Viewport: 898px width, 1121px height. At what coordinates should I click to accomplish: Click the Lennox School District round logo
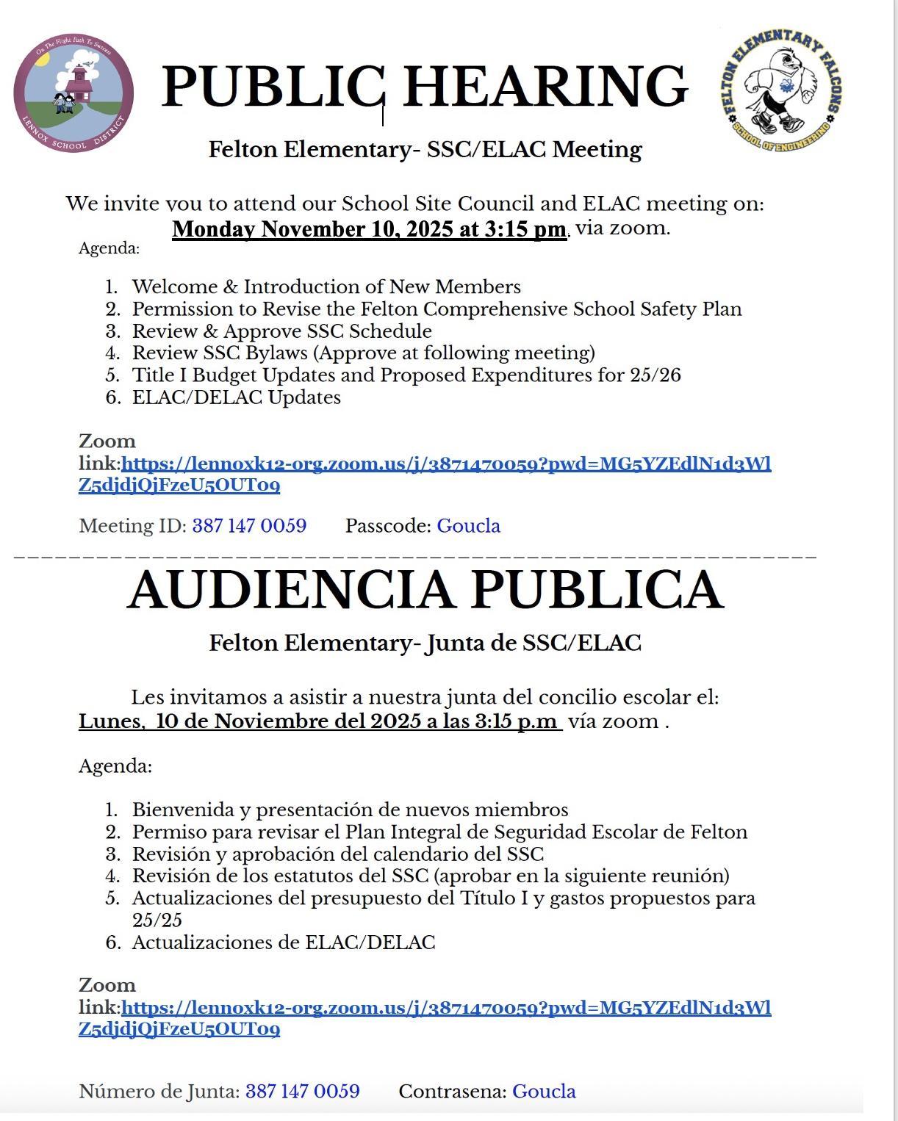coord(73,95)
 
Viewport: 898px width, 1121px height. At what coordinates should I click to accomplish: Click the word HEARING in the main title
coord(545,86)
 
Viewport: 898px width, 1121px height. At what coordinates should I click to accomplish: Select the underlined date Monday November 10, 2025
coord(369,229)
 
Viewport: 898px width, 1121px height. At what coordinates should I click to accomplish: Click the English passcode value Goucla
coord(469,526)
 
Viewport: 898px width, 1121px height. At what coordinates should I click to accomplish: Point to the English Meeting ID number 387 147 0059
coord(249,526)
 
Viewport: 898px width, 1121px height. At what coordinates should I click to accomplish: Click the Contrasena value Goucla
coord(544,1092)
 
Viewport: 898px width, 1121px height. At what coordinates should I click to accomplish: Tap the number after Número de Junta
coord(303,1092)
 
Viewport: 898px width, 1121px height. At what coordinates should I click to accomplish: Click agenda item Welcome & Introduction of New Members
coord(326,286)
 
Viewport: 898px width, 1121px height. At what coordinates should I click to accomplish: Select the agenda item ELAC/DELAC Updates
coord(237,397)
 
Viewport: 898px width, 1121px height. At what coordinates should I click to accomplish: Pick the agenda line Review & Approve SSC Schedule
coord(282,331)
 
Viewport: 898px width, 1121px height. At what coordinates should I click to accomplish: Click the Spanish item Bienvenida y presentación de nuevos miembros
coord(350,810)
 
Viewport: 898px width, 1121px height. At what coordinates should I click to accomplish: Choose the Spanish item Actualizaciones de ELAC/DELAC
coord(284,942)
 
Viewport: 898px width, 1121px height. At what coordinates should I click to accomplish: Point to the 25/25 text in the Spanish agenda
coord(157,920)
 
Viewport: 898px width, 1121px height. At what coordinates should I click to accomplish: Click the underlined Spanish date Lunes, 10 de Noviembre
coord(320,721)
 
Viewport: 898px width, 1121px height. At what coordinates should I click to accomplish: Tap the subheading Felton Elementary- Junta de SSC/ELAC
coord(425,644)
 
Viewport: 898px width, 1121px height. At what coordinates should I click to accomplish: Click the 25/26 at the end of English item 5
coord(655,375)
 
